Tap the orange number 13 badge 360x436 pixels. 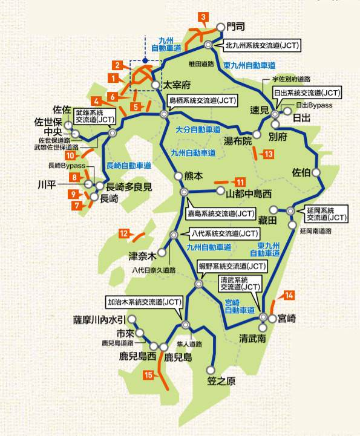pyautogui.click(x=269, y=154)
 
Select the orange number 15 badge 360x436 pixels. pyautogui.click(x=148, y=375)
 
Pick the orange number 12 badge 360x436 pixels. pyautogui.click(x=124, y=233)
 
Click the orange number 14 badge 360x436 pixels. pyautogui.click(x=290, y=295)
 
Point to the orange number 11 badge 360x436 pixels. pyautogui.click(x=240, y=182)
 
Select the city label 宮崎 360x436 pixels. pyautogui.click(x=287, y=318)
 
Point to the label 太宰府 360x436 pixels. pyautogui.click(x=178, y=85)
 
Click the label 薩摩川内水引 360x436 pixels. pyautogui.click(x=99, y=320)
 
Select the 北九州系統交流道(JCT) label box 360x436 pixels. pyautogui.click(x=262, y=45)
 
